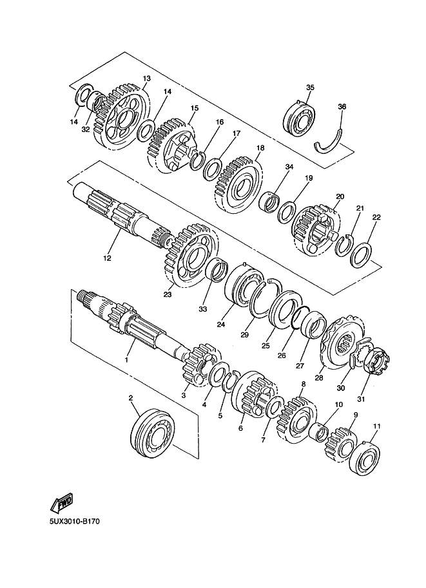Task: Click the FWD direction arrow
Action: pos(62,503)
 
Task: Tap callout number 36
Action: pos(342,107)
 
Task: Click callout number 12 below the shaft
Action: pos(107,258)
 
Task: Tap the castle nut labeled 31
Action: pos(376,361)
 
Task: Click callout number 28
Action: pos(318,378)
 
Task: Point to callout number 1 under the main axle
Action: pos(126,359)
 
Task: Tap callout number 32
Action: pos(86,129)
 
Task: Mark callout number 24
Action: pos(220,325)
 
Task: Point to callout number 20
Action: pos(340,196)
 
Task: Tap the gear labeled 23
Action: pos(190,256)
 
